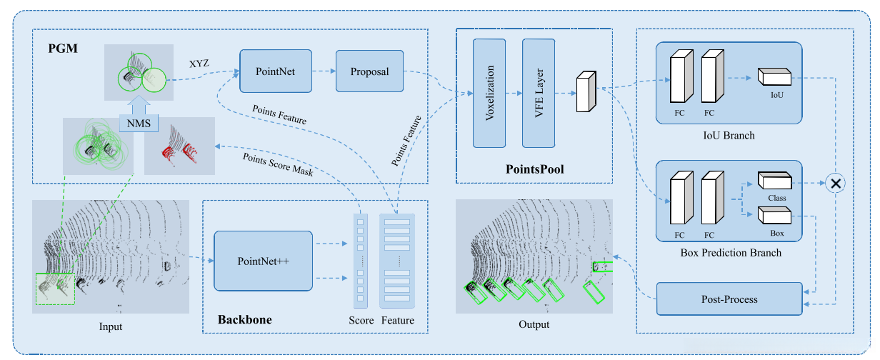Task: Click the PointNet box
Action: pos(275,71)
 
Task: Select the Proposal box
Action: pos(369,71)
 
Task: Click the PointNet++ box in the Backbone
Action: pos(263,260)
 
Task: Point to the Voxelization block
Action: pos(489,92)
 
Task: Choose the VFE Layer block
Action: pos(539,92)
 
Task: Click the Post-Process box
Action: pos(729,299)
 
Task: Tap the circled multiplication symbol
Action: pos(836,183)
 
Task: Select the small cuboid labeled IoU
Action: pos(774,76)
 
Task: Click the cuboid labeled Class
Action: pos(774,182)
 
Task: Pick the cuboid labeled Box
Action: pos(774,216)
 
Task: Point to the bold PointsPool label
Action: pos(535,169)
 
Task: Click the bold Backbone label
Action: pos(245,319)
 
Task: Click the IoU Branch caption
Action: pos(729,135)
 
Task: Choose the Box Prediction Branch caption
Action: pos(729,252)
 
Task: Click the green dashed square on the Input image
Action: pos(55,289)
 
